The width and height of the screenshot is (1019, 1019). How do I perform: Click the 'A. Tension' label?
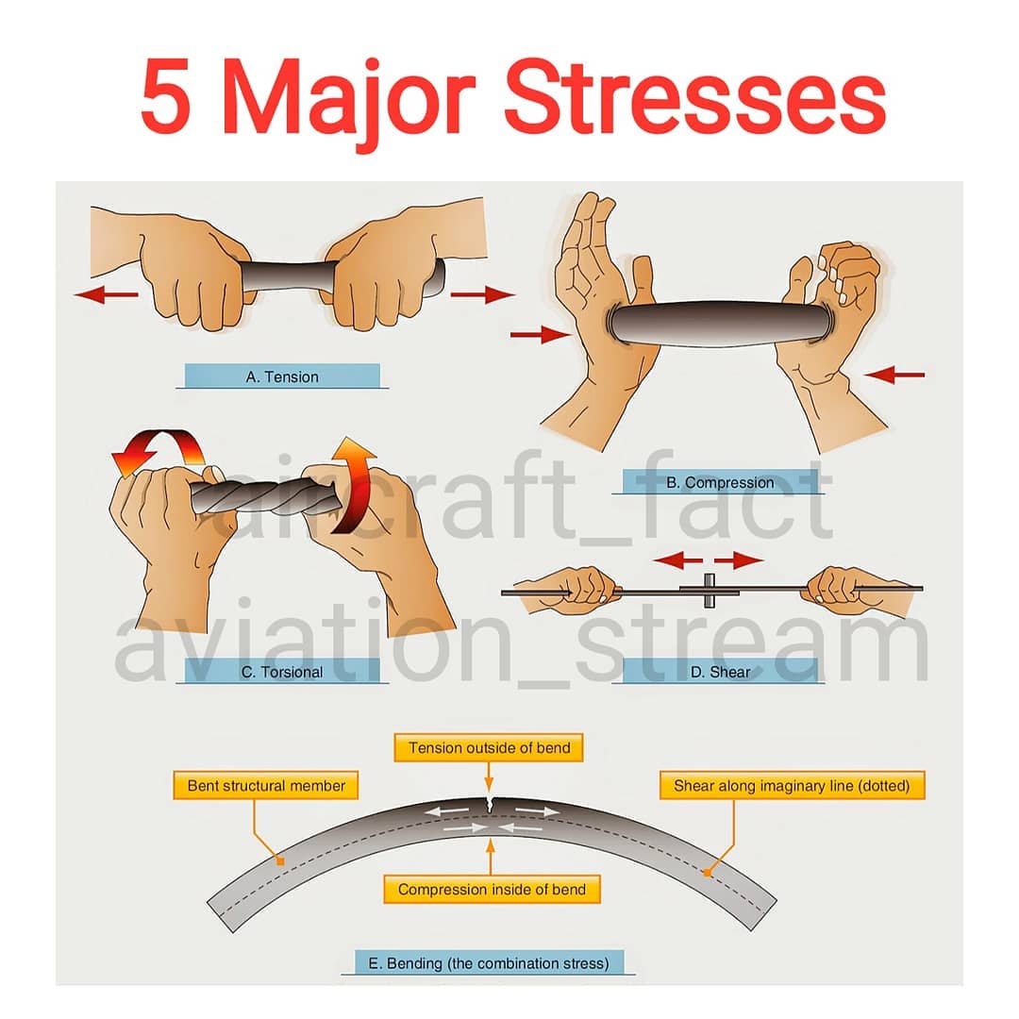click(x=282, y=376)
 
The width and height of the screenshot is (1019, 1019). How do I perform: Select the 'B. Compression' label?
click(x=720, y=482)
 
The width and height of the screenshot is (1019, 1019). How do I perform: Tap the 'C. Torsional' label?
click(x=282, y=672)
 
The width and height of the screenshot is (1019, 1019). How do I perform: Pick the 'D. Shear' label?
click(x=720, y=672)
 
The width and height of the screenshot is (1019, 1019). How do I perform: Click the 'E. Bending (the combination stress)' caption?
click(x=489, y=962)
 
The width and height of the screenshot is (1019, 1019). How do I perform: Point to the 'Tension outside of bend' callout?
click(x=489, y=747)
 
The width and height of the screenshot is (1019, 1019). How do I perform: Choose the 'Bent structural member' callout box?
click(x=266, y=785)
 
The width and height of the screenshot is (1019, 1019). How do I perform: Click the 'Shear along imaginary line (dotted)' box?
click(x=792, y=785)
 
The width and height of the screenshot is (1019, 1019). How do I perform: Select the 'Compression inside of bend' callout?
click(x=492, y=889)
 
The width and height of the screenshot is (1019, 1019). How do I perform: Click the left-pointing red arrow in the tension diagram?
click(x=107, y=295)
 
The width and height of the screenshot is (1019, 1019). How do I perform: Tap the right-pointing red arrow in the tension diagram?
click(x=482, y=295)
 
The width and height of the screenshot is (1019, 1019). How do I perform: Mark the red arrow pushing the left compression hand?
click(x=541, y=335)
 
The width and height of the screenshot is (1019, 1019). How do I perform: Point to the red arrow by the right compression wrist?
click(x=894, y=375)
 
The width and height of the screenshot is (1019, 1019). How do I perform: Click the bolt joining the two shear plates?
click(x=709, y=590)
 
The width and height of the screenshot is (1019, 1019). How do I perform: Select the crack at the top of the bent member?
click(x=490, y=805)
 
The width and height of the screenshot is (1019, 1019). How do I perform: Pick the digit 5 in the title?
click(x=165, y=97)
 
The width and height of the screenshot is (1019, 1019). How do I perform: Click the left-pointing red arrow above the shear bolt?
click(x=677, y=560)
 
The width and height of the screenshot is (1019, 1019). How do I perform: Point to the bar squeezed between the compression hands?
click(x=720, y=323)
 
